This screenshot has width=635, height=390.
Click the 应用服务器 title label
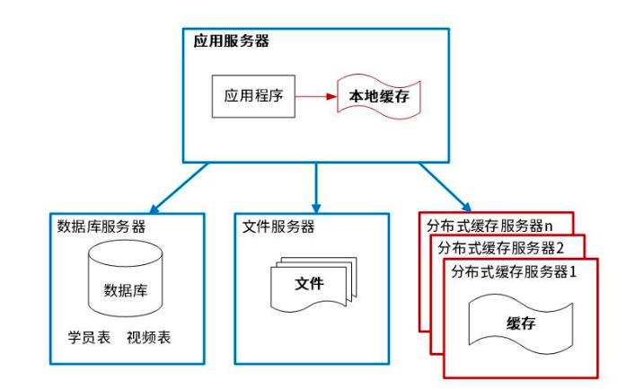[231, 41]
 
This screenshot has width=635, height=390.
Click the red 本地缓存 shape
[378, 96]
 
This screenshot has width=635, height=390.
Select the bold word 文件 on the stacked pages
[309, 284]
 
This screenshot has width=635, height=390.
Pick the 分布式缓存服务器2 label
[500, 248]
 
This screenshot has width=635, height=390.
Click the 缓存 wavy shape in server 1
[520, 324]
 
